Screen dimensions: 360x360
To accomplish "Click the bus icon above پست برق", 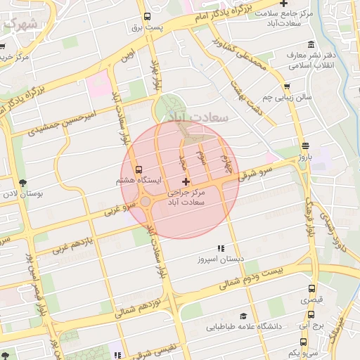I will coord(147,17).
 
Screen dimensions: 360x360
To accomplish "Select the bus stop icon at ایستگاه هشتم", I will coord(139,169).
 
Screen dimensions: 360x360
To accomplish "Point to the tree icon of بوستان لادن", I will coord(23,182).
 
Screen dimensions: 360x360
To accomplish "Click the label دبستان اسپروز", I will coord(221,259).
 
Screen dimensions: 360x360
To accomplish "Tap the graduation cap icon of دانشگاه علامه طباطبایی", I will coord(243,316).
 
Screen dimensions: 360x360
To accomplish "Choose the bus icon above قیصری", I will coord(311,288).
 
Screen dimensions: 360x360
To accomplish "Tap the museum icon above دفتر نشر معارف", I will coord(290,53).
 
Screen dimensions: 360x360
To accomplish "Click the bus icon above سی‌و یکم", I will coord(311,342).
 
